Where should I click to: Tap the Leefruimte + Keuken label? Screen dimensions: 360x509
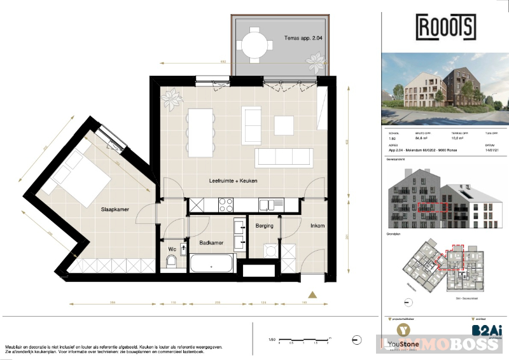point(233,181)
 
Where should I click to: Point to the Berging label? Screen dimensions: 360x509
point(264,226)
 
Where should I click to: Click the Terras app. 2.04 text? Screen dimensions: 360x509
point(302,38)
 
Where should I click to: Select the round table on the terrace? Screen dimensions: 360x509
point(256,44)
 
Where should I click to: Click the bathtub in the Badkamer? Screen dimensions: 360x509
point(211,262)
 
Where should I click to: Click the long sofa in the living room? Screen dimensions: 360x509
point(283,157)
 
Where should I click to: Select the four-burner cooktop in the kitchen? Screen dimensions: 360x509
point(227,205)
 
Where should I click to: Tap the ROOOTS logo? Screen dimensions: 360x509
point(445,27)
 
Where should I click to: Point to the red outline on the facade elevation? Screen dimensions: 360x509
point(433,206)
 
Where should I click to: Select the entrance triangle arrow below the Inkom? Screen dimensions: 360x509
point(312,294)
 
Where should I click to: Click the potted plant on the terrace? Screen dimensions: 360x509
point(316,62)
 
